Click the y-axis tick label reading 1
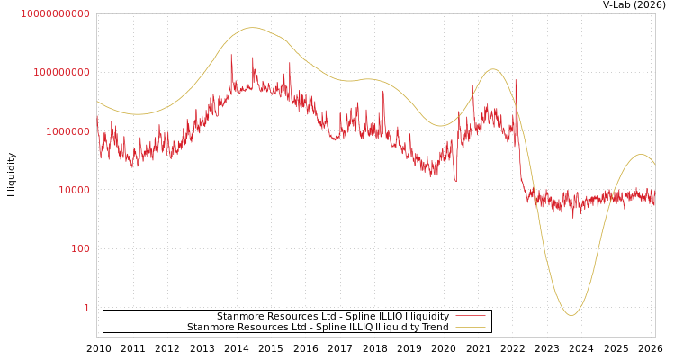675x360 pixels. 86,308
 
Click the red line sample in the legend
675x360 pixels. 470,316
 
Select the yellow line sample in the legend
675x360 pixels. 470,327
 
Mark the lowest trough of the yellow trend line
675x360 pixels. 571,315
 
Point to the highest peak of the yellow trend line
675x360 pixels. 253,28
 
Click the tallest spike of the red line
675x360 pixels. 231,56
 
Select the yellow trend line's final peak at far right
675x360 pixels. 641,155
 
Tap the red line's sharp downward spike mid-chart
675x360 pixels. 455,179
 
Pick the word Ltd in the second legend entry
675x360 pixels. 297,327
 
